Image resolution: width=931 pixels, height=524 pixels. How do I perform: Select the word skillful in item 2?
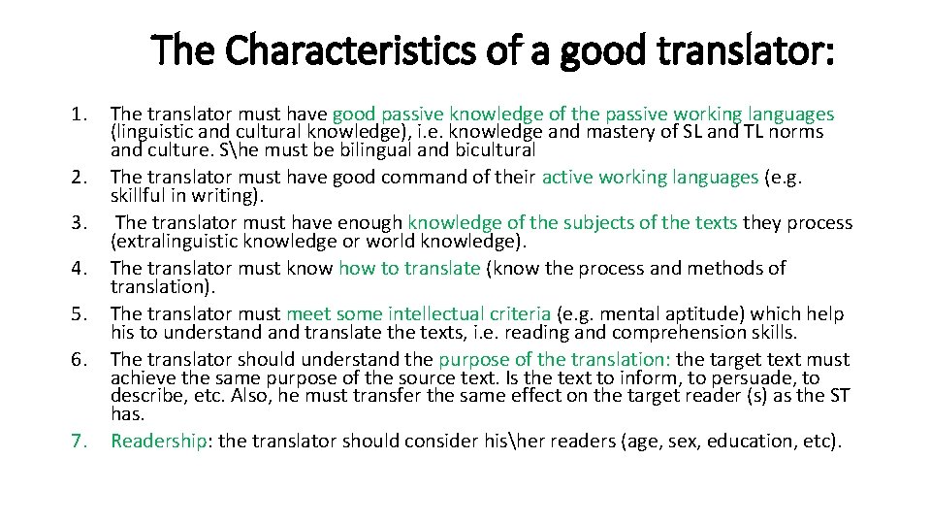pyautogui.click(x=143, y=195)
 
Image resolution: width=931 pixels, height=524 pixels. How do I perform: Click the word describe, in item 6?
pyautogui.click(x=148, y=395)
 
